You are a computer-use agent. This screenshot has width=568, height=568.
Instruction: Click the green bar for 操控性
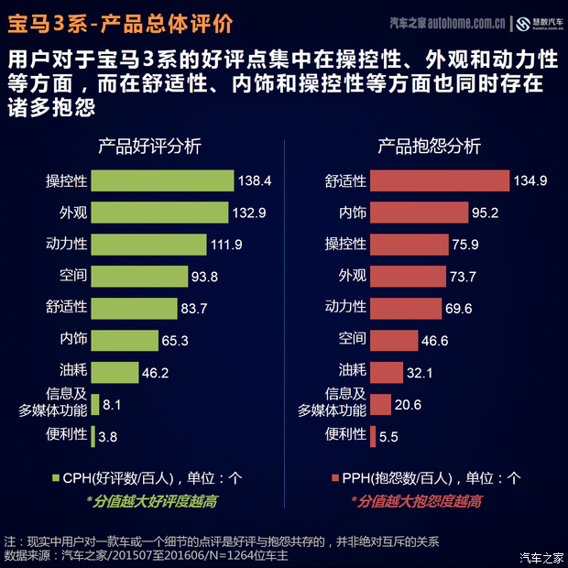162,180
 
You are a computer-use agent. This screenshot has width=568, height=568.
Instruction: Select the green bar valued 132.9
159,213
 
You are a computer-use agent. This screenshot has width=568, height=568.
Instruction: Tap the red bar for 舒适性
440,180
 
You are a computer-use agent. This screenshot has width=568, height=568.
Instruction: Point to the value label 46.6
433,341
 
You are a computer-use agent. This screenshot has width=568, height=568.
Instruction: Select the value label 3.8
107,437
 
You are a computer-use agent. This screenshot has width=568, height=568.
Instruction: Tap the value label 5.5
388,437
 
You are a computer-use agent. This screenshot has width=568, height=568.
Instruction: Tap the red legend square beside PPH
334,476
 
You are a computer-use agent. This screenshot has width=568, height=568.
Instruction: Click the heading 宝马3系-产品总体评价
119,20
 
